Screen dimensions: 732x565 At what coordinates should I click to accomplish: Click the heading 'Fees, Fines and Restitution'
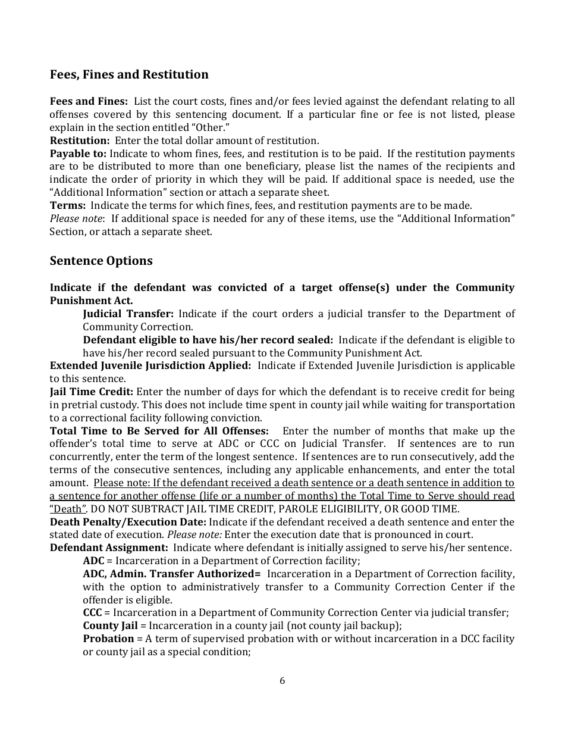[x=129, y=74]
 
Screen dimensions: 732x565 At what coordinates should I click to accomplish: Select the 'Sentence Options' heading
[x=101, y=261]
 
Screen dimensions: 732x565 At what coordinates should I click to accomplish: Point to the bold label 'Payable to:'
[x=78, y=154]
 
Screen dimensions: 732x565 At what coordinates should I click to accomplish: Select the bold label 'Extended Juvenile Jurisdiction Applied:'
[x=150, y=365]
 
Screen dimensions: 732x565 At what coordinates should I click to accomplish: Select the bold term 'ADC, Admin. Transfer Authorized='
[x=172, y=574]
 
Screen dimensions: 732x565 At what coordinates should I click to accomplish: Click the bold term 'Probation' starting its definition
[x=108, y=639]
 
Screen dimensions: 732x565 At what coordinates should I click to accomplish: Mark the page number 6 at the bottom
[x=282, y=681]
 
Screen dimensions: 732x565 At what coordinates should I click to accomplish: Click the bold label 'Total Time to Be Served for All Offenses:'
[x=159, y=430]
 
